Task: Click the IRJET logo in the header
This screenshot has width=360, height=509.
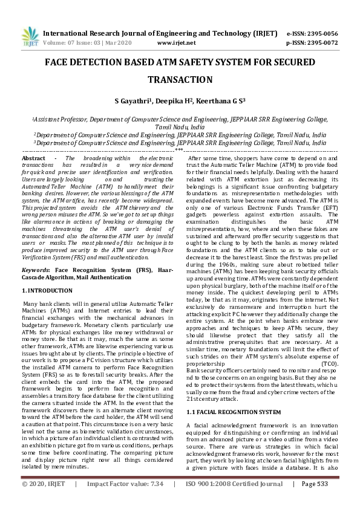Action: coord(30,37)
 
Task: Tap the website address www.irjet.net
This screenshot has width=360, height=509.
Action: coord(176,44)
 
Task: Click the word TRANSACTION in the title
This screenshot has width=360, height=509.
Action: coord(180,80)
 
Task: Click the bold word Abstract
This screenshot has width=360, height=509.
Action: coord(33,158)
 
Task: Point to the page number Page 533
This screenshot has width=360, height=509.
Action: coord(314,501)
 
